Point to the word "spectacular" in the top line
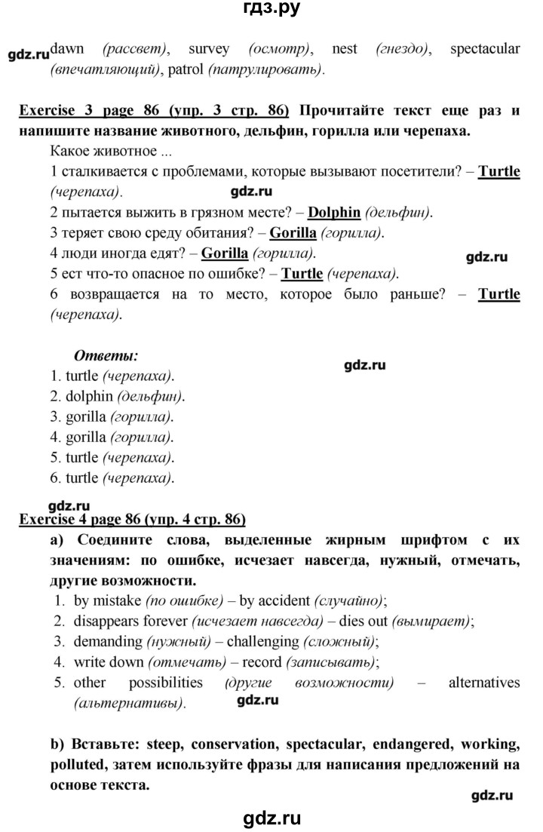(484, 50)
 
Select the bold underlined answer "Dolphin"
(334, 212)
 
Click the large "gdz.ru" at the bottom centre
(271, 816)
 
